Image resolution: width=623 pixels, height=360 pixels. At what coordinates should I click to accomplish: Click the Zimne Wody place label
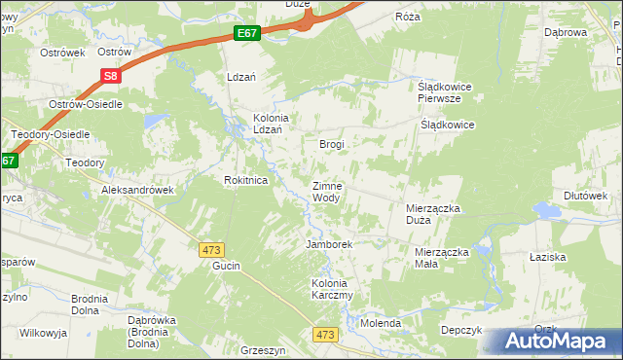coord(326,192)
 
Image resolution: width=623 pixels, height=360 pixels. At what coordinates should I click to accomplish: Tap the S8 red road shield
coord(109,75)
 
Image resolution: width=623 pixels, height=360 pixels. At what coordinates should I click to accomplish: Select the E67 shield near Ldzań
coord(247,34)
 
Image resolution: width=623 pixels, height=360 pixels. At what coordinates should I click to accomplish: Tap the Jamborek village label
coord(329,244)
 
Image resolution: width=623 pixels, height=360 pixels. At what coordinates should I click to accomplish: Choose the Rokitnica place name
coord(245,180)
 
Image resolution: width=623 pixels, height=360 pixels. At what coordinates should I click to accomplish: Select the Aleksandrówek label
coord(138,191)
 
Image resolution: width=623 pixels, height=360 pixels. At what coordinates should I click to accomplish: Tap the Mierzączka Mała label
coord(435,258)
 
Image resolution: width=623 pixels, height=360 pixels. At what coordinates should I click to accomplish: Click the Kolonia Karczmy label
coord(331,289)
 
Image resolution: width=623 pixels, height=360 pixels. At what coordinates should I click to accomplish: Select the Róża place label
coord(407,18)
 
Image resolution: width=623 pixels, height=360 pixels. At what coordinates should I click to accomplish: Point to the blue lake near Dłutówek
coord(547,210)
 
